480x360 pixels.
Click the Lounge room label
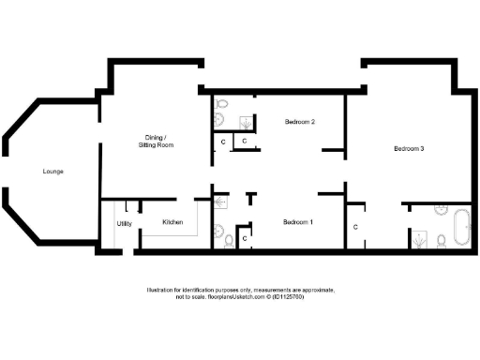(52, 172)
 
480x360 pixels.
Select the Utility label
(124, 223)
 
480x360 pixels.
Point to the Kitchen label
(172, 222)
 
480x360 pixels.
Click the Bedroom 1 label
(298, 222)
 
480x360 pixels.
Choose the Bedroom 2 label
(299, 122)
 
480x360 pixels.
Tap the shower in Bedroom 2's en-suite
(246, 121)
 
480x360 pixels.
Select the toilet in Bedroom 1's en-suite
(230, 240)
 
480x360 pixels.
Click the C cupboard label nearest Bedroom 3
(356, 228)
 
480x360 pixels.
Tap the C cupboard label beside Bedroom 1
(245, 239)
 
